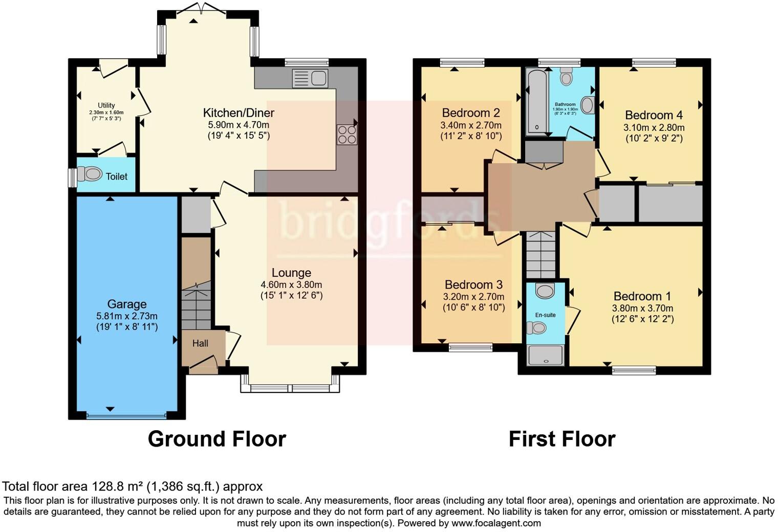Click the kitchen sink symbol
310,78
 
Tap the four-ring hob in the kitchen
347,135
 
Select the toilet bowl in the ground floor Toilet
92,174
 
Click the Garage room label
127,304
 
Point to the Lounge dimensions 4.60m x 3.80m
291,285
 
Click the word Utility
106,105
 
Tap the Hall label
200,343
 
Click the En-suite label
545,315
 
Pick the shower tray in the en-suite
545,355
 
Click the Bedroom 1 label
642,296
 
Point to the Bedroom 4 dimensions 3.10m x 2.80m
654,127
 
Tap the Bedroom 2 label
470,113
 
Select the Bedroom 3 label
473,284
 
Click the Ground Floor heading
217,439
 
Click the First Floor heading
561,439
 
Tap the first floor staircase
541,254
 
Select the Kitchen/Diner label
239,113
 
